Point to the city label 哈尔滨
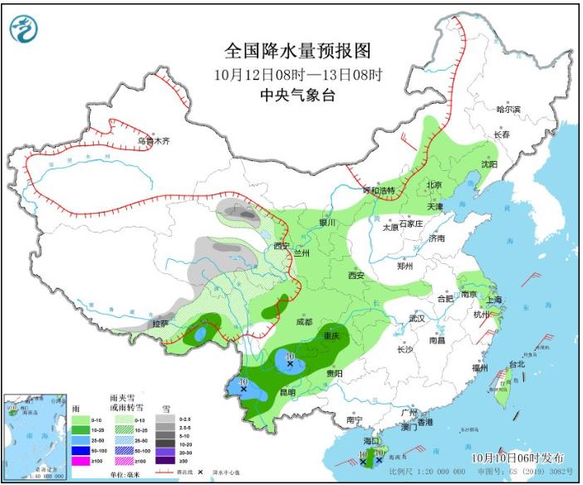(x=507, y=110)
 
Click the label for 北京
(x=434, y=184)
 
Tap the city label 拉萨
(x=159, y=323)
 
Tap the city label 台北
(x=517, y=364)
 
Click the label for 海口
(x=373, y=442)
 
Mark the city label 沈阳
(x=489, y=164)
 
